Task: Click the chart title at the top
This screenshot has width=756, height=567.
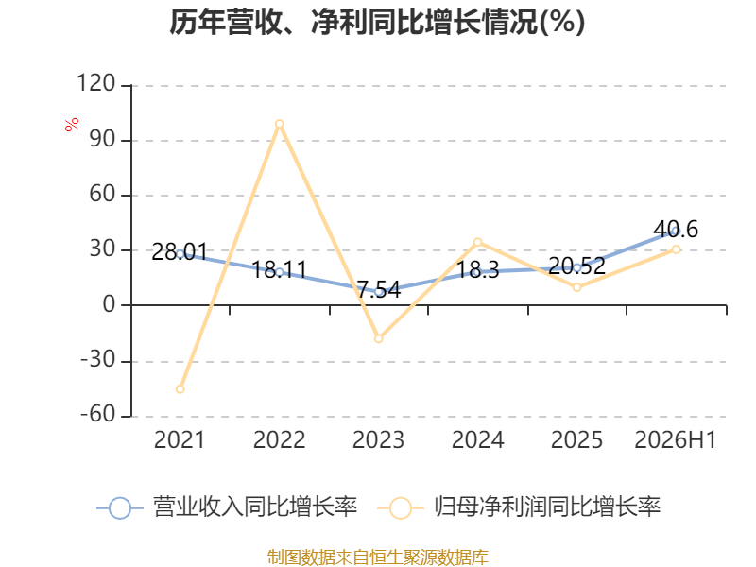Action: point(377,22)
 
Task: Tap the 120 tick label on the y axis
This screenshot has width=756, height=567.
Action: point(96,83)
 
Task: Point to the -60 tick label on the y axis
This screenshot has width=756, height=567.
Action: point(98,414)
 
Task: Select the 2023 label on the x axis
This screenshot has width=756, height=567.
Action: point(379,439)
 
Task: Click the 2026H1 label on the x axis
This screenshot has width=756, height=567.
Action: point(676,439)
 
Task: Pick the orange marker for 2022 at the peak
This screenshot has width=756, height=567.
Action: point(279,124)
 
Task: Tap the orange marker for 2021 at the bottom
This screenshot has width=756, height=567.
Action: point(180,389)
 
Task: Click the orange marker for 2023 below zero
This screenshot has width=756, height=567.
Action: point(379,338)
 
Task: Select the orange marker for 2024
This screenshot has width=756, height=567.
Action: point(478,242)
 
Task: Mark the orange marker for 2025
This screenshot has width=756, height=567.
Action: point(577,287)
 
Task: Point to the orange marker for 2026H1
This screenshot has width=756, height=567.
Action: point(676,249)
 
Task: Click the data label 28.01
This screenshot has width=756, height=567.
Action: point(180,251)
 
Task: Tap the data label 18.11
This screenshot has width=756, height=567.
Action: point(279,270)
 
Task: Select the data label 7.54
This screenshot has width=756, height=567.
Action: point(379,289)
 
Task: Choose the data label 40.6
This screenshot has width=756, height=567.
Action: point(676,229)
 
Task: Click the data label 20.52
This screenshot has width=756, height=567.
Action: point(577,266)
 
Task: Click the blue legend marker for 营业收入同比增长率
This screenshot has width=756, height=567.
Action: point(120,508)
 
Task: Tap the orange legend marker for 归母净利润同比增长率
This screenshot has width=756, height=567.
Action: point(400,508)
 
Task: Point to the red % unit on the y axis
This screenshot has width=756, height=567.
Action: point(72,125)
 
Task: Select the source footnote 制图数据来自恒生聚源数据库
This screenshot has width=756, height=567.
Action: point(378,558)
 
